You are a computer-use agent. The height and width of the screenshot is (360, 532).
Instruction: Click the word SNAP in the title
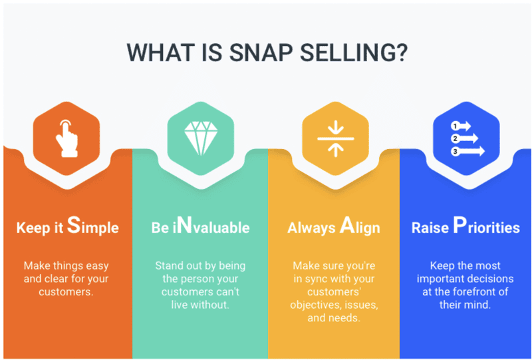tap(259, 53)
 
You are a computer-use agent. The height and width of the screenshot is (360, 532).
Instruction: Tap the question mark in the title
tap(400, 53)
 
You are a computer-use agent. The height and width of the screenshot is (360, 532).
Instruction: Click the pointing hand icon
tap(66, 138)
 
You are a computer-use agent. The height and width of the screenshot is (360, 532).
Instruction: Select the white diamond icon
tap(201, 138)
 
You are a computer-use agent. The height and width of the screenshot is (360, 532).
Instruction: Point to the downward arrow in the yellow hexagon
tap(336, 127)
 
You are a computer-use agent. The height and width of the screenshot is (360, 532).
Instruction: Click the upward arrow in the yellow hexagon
tap(336, 150)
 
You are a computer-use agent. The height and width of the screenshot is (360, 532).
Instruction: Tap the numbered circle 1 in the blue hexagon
tap(455, 126)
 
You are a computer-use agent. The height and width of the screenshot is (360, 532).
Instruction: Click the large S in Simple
tap(74, 225)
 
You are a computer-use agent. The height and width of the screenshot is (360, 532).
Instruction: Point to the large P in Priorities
tap(460, 225)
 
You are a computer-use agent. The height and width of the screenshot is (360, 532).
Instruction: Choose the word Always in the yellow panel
tap(311, 228)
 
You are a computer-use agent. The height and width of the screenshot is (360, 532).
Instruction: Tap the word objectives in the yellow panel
tap(312, 305)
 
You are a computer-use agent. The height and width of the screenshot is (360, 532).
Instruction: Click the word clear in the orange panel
tap(57, 279)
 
